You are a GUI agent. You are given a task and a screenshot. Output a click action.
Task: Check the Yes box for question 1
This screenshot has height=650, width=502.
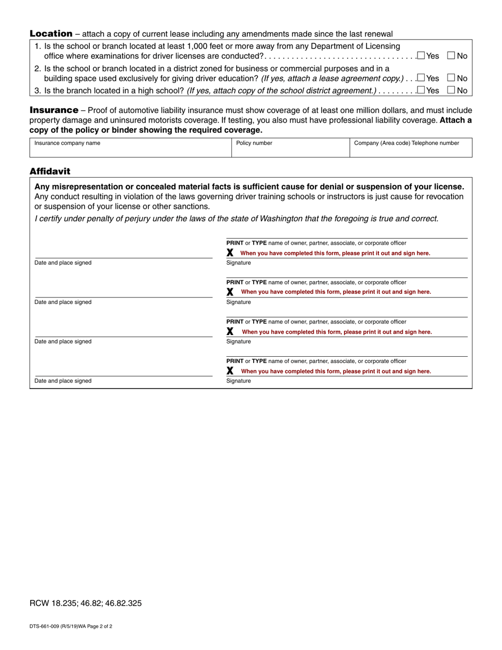(421, 55)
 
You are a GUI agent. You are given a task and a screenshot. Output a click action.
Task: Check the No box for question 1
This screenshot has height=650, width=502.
(451, 55)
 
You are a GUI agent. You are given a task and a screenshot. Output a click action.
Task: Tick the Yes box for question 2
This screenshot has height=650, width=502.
(421, 78)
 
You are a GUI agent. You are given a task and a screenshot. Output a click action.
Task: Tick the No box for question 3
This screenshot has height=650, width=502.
(451, 90)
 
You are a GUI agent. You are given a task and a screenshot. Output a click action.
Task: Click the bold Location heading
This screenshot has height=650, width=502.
(51, 34)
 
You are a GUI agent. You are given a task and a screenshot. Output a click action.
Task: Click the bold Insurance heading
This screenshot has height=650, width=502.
(54, 110)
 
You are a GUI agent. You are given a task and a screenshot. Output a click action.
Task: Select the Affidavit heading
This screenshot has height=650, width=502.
(50, 171)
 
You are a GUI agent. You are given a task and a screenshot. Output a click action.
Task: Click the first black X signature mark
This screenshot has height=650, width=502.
(230, 253)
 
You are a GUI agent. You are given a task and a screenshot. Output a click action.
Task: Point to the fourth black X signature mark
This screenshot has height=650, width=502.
(230, 371)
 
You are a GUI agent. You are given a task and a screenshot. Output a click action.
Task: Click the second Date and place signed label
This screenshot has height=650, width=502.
(63, 302)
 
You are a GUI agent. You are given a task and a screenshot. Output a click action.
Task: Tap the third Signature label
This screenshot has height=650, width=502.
(238, 341)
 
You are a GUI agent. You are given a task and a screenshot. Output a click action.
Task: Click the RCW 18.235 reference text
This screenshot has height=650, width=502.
(85, 603)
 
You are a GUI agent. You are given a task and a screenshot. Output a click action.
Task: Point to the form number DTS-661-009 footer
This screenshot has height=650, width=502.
(70, 626)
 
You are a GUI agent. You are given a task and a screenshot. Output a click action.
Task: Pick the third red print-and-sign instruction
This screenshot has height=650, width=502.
(337, 332)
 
